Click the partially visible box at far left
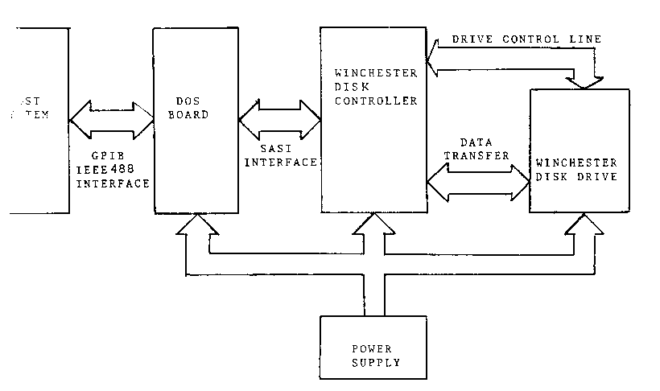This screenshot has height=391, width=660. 36,121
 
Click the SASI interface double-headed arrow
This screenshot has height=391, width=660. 280,119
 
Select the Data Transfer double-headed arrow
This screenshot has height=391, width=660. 477,184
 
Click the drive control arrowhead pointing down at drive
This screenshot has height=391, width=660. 585,78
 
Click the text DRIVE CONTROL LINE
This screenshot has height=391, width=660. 526,39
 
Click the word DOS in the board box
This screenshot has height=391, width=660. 188,101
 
